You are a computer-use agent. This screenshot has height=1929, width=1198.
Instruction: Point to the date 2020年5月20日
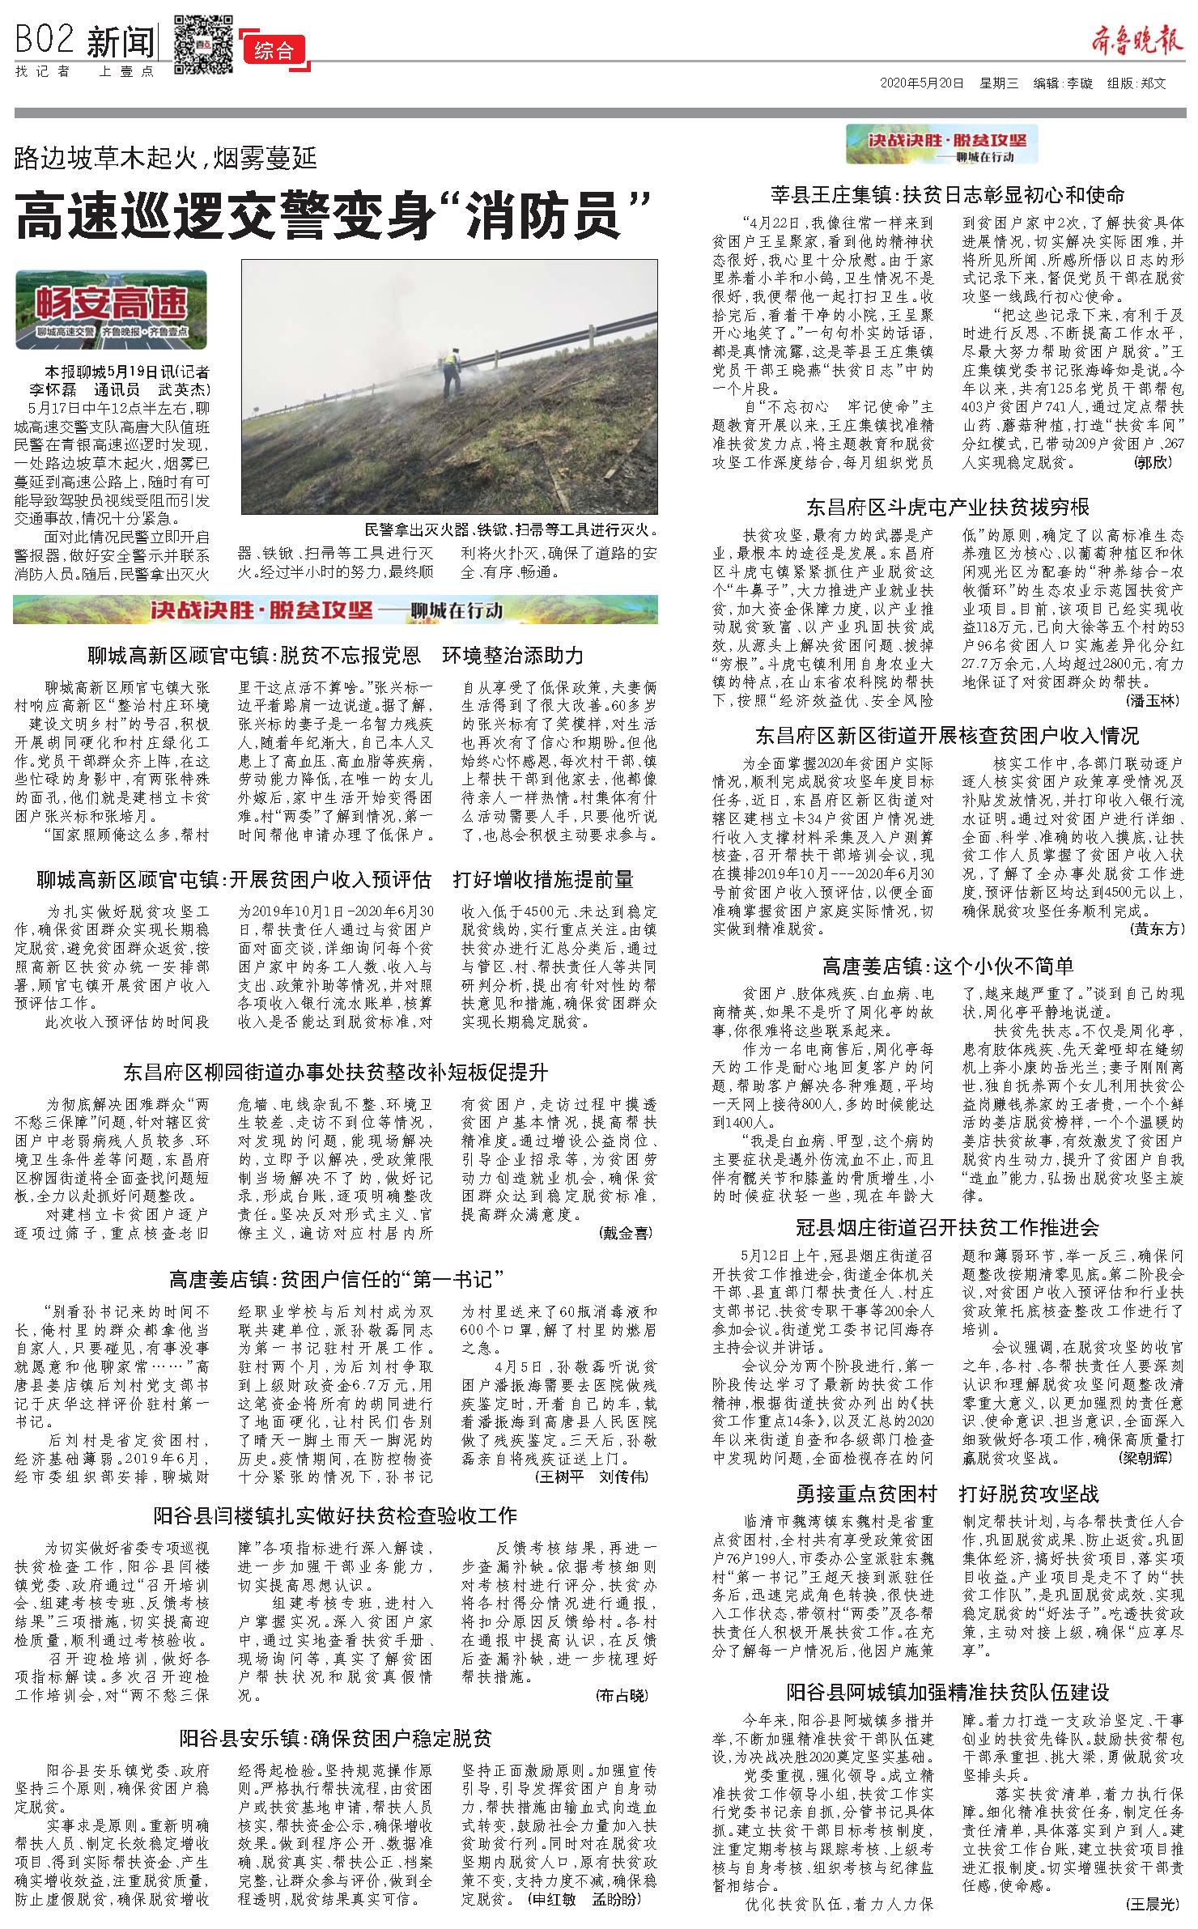[922, 84]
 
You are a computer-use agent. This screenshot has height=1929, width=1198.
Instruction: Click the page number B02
[45, 40]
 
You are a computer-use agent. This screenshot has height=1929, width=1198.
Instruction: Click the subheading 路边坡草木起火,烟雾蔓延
[166, 157]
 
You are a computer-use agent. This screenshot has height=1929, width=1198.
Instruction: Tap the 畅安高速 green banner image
[111, 309]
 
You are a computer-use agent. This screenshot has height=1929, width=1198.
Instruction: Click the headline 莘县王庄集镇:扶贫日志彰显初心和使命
[947, 194]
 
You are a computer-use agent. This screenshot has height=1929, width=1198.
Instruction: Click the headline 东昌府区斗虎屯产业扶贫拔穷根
[947, 508]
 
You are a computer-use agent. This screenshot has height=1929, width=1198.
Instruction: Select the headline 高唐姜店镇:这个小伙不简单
[947, 966]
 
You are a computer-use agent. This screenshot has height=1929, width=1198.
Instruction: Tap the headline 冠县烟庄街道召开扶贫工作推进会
[947, 1228]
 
